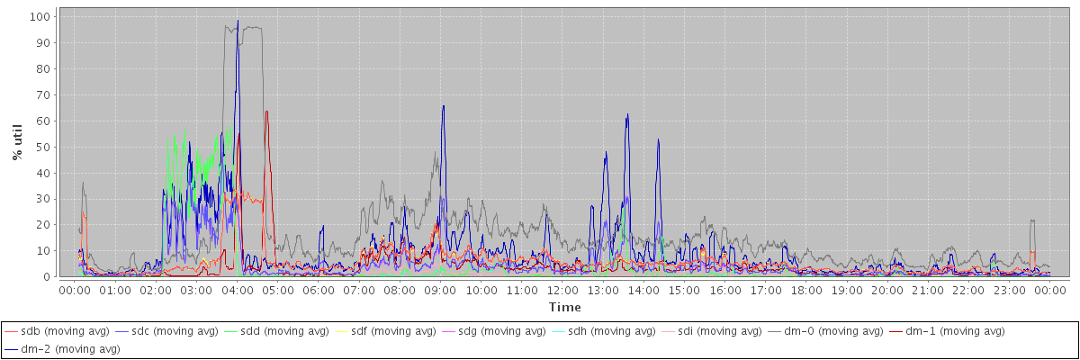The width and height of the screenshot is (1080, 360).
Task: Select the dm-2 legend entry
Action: (x=62, y=348)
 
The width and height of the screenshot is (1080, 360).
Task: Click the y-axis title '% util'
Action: (x=17, y=143)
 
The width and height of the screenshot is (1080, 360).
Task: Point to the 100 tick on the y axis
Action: (x=40, y=16)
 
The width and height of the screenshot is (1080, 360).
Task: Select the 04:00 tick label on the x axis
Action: (x=237, y=290)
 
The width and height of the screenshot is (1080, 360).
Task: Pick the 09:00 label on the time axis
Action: (x=440, y=290)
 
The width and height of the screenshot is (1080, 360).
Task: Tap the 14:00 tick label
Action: (x=643, y=290)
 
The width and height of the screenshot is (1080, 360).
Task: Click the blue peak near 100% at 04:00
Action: (x=238, y=21)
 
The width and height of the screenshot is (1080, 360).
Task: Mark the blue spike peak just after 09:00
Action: (x=443, y=106)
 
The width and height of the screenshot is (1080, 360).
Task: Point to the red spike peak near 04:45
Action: (x=266, y=112)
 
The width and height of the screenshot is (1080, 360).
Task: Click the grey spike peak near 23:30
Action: (x=1032, y=220)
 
